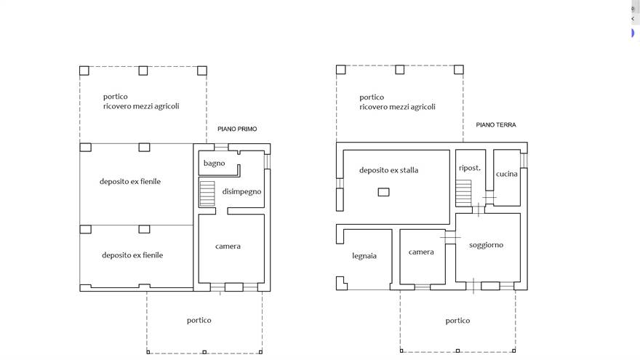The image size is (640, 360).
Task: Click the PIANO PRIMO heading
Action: click(x=237, y=129)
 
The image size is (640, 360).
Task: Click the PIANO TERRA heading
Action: click(x=496, y=125)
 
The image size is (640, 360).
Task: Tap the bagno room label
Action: click(x=215, y=163)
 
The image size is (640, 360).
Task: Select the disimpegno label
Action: click(x=241, y=191)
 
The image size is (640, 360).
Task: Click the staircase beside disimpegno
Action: click(x=207, y=193)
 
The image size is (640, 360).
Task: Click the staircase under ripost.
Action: click(x=463, y=193)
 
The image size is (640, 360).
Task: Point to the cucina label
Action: click(x=506, y=174)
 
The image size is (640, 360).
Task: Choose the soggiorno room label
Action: click(x=486, y=245)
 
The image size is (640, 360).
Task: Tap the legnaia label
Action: click(x=364, y=256)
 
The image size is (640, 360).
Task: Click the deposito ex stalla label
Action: click(x=388, y=170)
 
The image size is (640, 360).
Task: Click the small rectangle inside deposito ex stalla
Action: click(x=384, y=192)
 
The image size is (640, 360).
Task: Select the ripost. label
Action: click(x=470, y=168)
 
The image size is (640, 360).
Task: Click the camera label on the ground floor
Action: click(x=421, y=252)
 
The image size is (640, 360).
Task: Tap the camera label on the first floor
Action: click(x=228, y=246)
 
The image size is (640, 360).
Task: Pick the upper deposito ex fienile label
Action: click(x=130, y=182)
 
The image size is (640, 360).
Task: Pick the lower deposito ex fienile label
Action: click(x=132, y=255)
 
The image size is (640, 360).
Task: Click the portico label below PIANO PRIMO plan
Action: click(x=199, y=321)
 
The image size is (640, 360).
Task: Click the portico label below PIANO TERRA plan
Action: click(x=457, y=321)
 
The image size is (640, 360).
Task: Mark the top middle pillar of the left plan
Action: click(x=143, y=71)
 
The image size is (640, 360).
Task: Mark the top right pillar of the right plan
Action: click(x=459, y=69)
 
